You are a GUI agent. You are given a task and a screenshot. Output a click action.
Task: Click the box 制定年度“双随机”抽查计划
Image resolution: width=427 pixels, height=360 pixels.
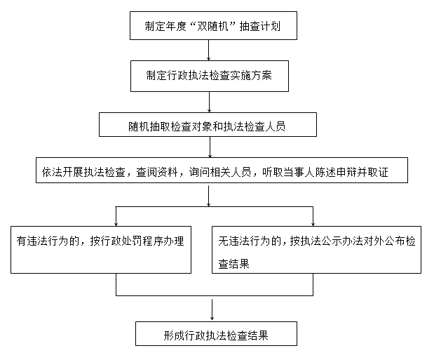pos(213,26)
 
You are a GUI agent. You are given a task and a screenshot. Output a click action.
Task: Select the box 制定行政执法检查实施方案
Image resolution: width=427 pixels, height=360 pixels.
pos(210,76)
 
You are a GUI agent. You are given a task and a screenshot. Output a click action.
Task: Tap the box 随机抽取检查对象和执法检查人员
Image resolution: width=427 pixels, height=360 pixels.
pos(208,124)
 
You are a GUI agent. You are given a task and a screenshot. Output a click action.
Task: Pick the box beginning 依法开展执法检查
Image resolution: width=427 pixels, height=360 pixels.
pos(222,170)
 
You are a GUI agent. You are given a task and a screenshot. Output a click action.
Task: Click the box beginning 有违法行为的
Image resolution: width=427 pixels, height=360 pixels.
pos(101,250)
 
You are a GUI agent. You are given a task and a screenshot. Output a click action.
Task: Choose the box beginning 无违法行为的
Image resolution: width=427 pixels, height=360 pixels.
pos(316,250)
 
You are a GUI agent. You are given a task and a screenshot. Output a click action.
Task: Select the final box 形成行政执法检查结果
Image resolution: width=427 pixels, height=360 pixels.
pos(216,334)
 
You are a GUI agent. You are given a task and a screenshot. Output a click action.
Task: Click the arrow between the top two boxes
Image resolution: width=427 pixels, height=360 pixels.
pos(209,50)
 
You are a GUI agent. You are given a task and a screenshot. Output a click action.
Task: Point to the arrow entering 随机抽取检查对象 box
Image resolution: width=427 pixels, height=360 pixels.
pos(209,102)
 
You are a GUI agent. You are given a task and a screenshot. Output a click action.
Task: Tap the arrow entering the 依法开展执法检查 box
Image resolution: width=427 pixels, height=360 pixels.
pos(210,147)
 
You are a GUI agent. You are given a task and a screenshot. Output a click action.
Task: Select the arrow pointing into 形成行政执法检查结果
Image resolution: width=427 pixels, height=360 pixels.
pos(212,310)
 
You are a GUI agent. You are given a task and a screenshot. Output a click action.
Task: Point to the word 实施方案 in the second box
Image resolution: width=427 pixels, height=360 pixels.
pos(251,76)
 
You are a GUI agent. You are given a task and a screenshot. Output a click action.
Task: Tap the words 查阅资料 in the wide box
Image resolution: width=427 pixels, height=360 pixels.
pos(157,172)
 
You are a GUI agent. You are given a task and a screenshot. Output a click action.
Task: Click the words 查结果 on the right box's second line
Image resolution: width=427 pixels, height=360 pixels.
pos(233,264)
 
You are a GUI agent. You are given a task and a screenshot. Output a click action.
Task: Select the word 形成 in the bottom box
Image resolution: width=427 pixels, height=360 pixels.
pos(174,335)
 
